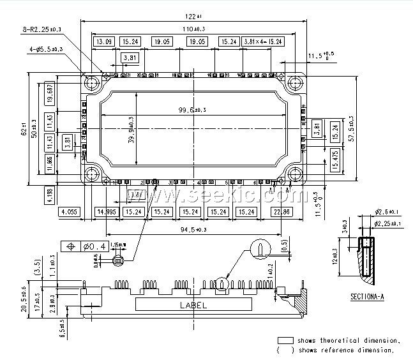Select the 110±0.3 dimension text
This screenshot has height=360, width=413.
click(187, 29)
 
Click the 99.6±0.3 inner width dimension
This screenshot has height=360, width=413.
click(192, 110)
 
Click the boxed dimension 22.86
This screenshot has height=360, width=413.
click(282, 212)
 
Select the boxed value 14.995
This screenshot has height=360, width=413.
click(106, 212)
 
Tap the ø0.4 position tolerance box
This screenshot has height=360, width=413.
click(84, 246)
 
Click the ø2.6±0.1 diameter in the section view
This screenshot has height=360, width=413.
click(388, 212)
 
